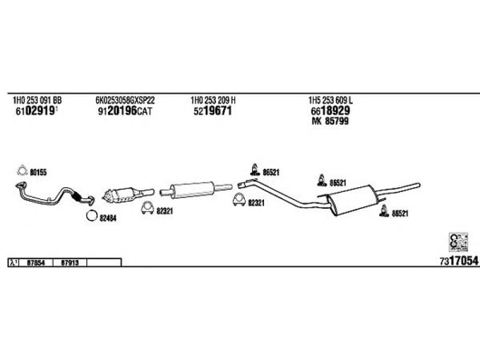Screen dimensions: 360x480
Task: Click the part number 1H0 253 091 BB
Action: pyautogui.click(x=37, y=100)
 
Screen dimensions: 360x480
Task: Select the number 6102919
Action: pyautogui.click(x=35, y=111)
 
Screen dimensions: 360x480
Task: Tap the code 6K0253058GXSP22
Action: pyautogui.click(x=125, y=100)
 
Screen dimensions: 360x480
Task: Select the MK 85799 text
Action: pyautogui.click(x=330, y=121)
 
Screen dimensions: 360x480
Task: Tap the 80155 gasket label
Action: pyautogui.click(x=38, y=172)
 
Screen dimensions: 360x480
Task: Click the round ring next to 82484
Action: pyautogui.click(x=91, y=217)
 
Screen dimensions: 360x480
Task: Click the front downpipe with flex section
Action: pyautogui.click(x=54, y=193)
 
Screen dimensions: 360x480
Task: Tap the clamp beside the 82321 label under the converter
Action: pyautogui.click(x=146, y=209)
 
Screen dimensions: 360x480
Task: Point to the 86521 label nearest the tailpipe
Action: pyautogui.click(x=400, y=213)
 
